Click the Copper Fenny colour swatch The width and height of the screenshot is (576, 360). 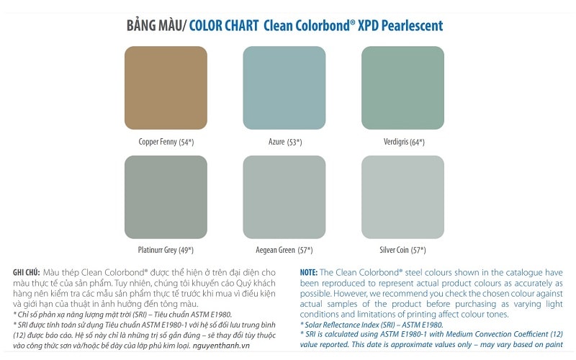[166, 87]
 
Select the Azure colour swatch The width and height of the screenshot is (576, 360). [284, 87]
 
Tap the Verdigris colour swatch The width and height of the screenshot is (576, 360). [402, 87]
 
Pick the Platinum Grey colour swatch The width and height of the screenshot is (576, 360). [166, 197]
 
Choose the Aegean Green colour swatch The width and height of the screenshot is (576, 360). [284, 197]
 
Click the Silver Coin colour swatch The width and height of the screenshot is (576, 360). [402, 197]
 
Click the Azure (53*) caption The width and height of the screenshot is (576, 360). [285, 142]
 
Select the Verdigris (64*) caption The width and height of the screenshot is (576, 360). [404, 142]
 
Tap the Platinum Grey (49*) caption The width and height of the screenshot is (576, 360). [166, 250]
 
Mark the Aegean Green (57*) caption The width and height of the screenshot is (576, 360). [284, 250]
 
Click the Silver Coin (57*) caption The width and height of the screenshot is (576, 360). [402, 250]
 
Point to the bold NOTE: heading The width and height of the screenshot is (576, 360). [308, 272]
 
